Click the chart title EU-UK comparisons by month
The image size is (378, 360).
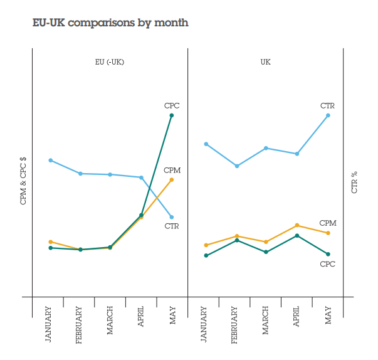point(110,23)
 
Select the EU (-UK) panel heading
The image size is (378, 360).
point(110,61)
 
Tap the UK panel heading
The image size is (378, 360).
point(266,61)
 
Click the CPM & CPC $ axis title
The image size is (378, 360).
point(23,181)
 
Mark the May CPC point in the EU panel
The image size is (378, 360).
point(172,115)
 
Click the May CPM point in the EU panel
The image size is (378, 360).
point(172,180)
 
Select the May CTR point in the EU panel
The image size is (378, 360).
point(172,217)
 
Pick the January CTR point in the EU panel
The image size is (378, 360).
point(50,161)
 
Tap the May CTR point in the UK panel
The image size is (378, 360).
point(328,115)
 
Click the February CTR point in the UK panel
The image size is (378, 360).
point(236,166)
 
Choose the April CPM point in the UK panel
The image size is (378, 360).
point(297,225)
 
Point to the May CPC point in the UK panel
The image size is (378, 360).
point(328,254)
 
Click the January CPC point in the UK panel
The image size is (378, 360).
point(206,255)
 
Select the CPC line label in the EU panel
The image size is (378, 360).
point(172,106)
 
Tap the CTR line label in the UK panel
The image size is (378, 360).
point(327,106)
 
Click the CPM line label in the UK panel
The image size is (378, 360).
point(328,223)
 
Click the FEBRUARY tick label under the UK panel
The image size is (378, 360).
point(235,324)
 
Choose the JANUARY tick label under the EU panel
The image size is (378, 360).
point(49,323)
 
